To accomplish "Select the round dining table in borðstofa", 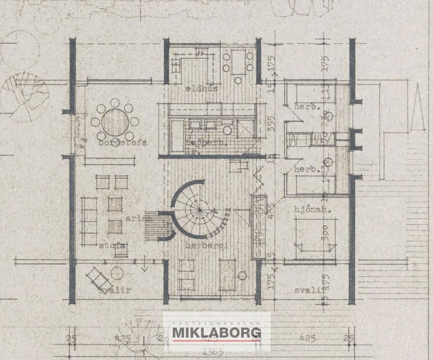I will [x=115, y=122].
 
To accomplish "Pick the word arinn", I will [x=137, y=219].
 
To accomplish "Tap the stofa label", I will [x=112, y=246].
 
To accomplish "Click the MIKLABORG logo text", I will [x=217, y=333].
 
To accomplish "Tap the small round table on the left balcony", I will [x=117, y=273].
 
